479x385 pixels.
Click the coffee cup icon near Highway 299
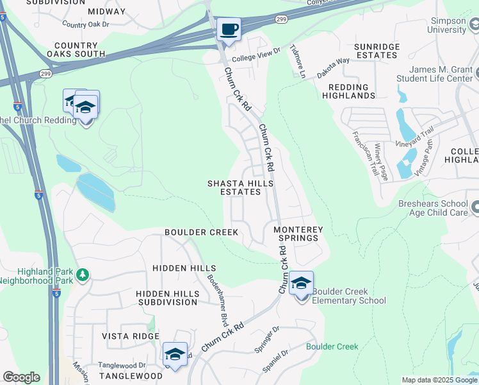[229, 29]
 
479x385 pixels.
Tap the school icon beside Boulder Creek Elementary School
[301, 283]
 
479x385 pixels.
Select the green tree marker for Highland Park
[82, 275]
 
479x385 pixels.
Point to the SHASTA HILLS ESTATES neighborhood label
[240, 187]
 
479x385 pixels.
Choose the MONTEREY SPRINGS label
[296, 234]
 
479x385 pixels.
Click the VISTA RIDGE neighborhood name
[130, 336]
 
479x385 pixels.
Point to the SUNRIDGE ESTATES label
[377, 51]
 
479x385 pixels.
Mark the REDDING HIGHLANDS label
[352, 91]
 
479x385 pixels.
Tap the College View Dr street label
[256, 55]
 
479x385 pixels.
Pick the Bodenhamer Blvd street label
[218, 297]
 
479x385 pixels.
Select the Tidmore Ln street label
[298, 61]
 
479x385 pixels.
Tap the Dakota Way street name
[334, 61]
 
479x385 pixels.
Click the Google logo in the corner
[21, 377]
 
